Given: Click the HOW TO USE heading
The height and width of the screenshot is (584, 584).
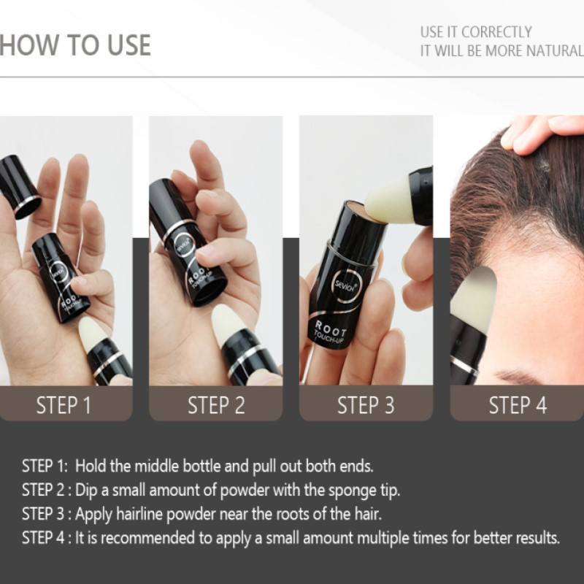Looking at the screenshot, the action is (x=75, y=45).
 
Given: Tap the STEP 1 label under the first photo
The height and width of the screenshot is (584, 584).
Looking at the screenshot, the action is (x=64, y=405).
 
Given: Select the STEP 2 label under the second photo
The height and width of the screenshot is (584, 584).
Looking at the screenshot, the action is (x=216, y=405).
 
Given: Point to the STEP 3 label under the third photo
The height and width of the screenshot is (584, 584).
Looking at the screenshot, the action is (x=366, y=405).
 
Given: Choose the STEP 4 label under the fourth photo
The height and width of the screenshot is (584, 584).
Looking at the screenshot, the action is (x=518, y=405).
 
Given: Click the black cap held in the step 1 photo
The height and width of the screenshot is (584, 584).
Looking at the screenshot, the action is (x=20, y=186).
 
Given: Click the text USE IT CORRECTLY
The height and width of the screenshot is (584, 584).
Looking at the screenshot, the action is (x=476, y=32).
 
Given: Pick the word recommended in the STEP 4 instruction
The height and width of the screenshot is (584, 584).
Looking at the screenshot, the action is (x=147, y=538).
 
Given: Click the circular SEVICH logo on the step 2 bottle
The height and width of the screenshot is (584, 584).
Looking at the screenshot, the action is (x=184, y=244).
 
